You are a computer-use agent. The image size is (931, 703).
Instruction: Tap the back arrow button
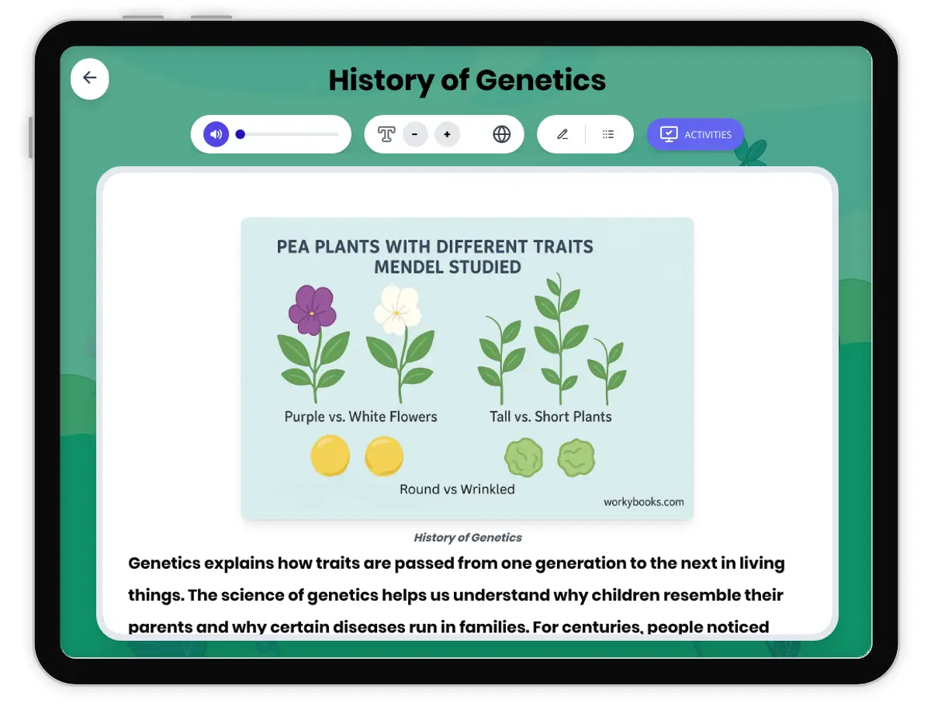90,78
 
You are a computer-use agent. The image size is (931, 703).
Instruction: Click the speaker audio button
216,134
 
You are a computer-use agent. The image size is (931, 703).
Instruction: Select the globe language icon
502,134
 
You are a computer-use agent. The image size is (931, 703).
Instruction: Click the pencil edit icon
562,134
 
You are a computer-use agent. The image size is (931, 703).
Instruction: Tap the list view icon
608,134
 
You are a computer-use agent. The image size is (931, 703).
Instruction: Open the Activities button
695,134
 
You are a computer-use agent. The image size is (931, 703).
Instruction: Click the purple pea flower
312,309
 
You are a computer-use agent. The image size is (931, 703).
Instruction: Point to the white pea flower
397,307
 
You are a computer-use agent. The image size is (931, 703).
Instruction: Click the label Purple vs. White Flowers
361,417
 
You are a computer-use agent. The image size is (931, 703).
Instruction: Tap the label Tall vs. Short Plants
550,417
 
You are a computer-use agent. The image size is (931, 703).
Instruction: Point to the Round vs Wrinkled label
457,489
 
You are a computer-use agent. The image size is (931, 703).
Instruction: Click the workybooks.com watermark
643,502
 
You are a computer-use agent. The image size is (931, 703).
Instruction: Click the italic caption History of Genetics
468,537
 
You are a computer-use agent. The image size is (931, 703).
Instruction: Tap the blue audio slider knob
241,134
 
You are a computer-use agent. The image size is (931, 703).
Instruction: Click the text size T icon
386,134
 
